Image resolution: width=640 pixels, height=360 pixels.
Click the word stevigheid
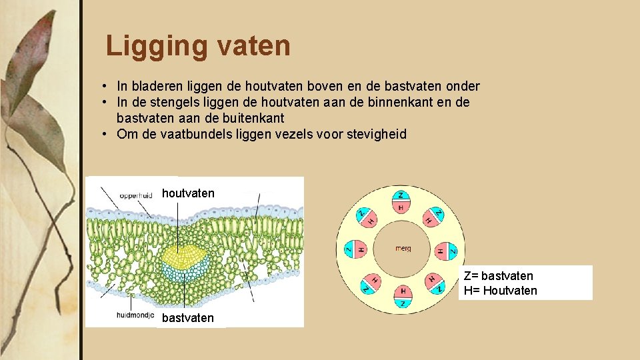374,134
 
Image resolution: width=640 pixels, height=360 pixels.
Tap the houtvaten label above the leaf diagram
188,193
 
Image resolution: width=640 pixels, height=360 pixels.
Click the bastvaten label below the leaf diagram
188,318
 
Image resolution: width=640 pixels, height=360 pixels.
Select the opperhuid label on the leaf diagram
136,195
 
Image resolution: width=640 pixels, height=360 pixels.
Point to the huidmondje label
135,315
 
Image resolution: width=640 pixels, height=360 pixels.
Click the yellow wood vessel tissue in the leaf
186,254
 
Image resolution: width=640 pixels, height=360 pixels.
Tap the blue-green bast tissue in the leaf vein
186,272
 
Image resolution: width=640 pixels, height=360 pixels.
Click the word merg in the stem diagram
403,249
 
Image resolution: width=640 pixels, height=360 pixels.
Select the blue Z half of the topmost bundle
401,195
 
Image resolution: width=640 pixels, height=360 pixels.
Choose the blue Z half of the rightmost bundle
452,250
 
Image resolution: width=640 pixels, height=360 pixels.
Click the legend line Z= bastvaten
498,276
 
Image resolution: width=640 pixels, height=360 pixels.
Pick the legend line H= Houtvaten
501,291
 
